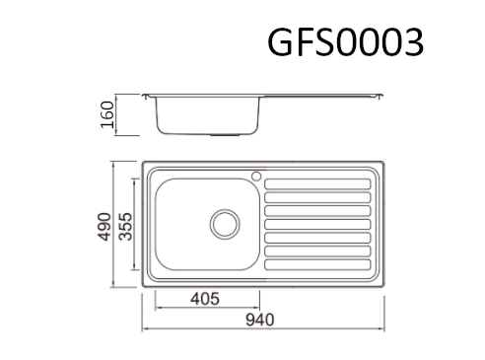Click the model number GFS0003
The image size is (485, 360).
(x=345, y=42)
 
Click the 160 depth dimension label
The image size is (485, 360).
(x=107, y=114)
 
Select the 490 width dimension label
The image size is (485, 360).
(x=104, y=227)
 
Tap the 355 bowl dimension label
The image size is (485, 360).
(x=125, y=227)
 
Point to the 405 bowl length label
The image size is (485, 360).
(x=205, y=299)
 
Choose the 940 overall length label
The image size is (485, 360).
(x=259, y=320)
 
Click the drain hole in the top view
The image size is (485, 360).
(x=225, y=224)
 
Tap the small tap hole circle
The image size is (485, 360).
(x=256, y=176)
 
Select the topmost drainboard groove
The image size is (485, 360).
(x=317, y=184)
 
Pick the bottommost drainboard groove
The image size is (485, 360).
(x=317, y=264)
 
